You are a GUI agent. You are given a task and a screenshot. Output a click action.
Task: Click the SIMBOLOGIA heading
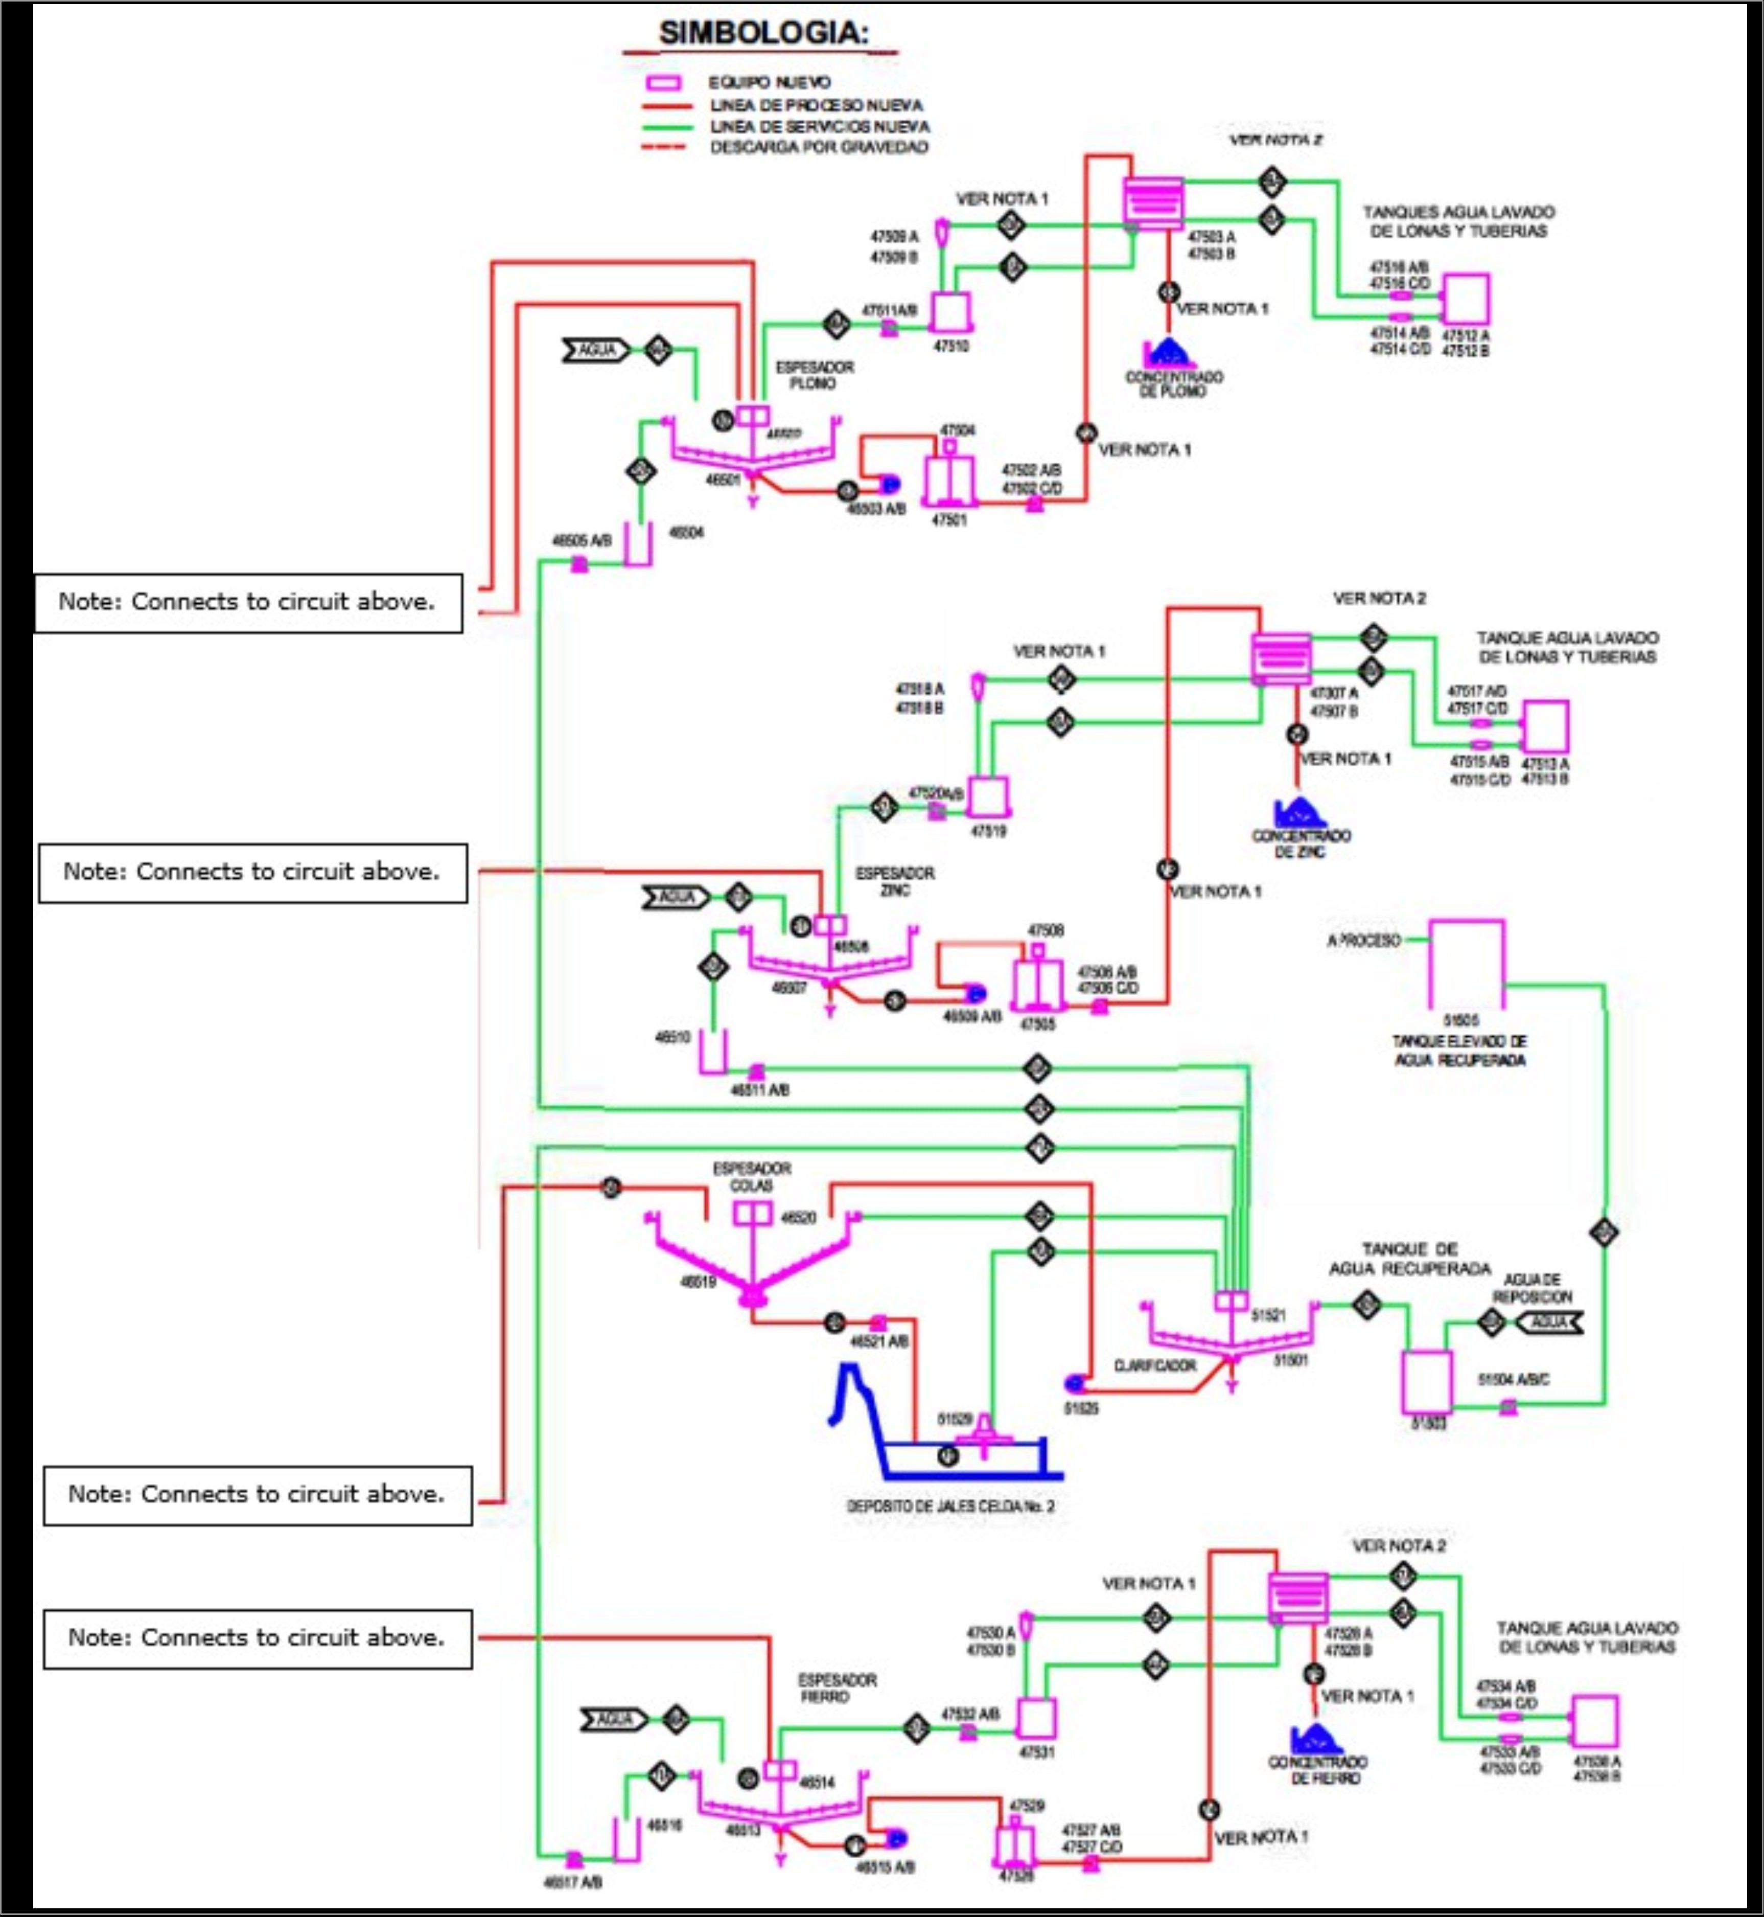pyautogui.click(x=763, y=32)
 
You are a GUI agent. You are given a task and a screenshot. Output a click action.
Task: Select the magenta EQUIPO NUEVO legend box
pyautogui.click(x=664, y=83)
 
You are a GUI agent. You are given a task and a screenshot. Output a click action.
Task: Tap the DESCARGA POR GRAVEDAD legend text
pyautogui.click(x=818, y=147)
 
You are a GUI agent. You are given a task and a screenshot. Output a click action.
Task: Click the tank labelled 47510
pyautogui.click(x=950, y=312)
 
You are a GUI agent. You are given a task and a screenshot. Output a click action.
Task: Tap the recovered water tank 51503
pyautogui.click(x=1427, y=1380)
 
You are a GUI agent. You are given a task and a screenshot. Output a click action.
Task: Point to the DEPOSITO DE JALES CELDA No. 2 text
pyautogui.click(x=950, y=1505)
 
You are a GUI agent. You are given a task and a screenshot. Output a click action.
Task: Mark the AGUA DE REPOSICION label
pyautogui.click(x=1532, y=1288)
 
